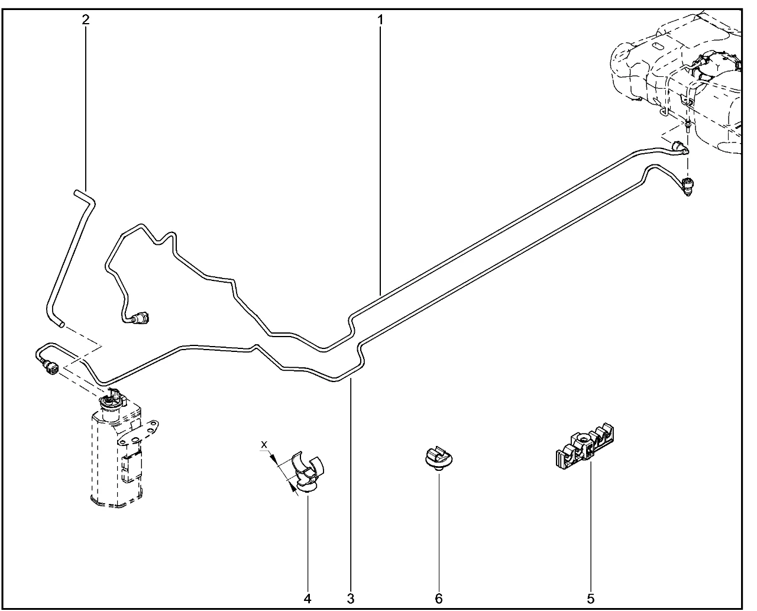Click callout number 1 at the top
(380, 20)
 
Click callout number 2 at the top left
(86, 20)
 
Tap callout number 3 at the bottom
(351, 599)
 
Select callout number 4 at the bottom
(308, 599)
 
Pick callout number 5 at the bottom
(590, 599)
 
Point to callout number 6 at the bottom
(439, 599)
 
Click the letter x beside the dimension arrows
(264, 444)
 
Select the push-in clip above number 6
(439, 460)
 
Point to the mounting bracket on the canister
(138, 433)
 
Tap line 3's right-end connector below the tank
(688, 187)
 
